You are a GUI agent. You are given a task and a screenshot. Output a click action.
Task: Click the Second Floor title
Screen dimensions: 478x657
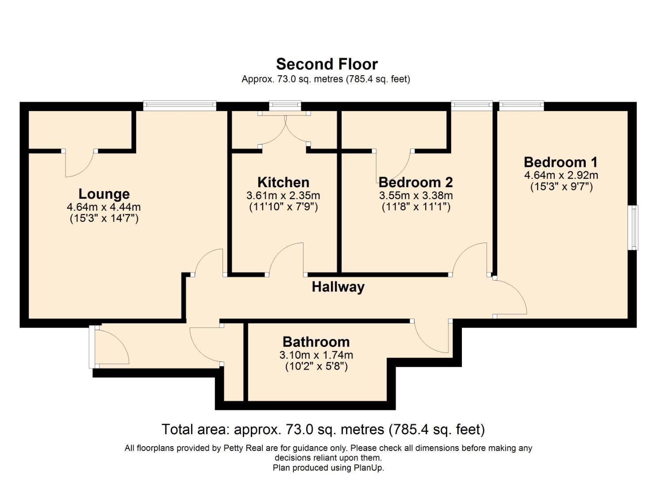pyautogui.click(x=327, y=64)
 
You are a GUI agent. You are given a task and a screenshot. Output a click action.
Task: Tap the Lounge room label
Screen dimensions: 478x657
pyautogui.click(x=104, y=194)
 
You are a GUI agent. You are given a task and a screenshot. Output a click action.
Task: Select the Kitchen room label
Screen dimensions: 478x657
pyautogui.click(x=283, y=182)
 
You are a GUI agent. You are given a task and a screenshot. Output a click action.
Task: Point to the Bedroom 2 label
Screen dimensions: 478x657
pyautogui.click(x=415, y=182)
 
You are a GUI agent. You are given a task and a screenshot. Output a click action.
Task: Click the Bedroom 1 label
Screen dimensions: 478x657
pyautogui.click(x=561, y=162)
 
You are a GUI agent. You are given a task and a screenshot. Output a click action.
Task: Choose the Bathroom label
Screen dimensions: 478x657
pyautogui.click(x=316, y=342)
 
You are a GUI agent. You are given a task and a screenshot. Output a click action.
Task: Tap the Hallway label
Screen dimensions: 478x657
pyautogui.click(x=338, y=287)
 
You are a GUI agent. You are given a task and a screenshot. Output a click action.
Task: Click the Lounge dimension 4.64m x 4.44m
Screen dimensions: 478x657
pyautogui.click(x=104, y=207)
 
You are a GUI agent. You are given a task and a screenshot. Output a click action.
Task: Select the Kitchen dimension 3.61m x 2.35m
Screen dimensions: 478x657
pyautogui.click(x=283, y=195)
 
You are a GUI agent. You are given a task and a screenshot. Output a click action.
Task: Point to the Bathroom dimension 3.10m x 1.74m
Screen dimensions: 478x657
pyautogui.click(x=316, y=355)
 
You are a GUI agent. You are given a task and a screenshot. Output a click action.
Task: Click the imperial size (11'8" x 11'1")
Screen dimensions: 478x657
pyautogui.click(x=415, y=207)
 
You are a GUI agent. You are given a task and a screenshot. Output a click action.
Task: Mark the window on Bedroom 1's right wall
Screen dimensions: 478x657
pyautogui.click(x=634, y=227)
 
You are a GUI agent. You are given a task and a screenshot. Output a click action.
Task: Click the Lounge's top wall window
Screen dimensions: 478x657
pyautogui.click(x=179, y=106)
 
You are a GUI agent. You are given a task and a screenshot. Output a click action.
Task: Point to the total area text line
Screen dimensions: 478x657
pyautogui.click(x=323, y=429)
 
